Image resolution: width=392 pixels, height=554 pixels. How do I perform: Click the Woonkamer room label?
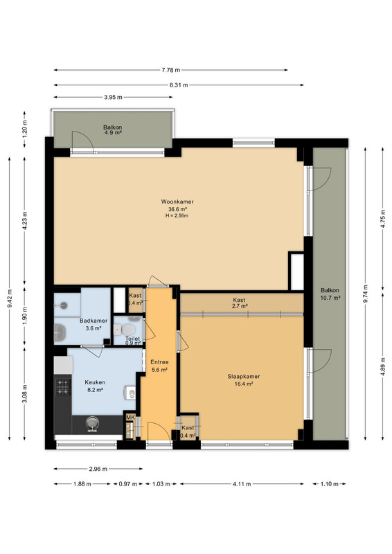[177, 202]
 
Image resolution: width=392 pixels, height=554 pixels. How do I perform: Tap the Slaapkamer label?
[244, 377]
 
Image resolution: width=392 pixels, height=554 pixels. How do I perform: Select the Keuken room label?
[95, 382]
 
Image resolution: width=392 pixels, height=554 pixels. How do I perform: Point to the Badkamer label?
[93, 321]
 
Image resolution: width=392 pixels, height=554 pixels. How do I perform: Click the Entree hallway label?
[159, 362]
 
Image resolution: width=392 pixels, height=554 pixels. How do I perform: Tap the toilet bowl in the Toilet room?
[127, 330]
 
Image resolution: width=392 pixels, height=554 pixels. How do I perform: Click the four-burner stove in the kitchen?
[63, 386]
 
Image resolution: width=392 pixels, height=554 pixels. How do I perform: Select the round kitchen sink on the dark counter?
[92, 423]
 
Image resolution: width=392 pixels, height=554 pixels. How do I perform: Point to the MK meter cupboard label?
[130, 418]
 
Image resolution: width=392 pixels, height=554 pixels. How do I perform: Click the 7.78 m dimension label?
[171, 70]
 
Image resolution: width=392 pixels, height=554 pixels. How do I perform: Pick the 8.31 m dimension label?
[179, 84]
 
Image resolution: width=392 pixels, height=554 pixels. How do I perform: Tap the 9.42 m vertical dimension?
[10, 298]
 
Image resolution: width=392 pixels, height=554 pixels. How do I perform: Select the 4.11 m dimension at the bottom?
[242, 484]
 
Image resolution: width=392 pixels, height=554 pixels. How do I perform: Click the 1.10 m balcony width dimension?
[329, 484]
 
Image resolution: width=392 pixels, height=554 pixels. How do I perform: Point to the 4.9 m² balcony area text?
[113, 133]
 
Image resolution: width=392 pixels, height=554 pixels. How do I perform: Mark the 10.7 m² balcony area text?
[330, 298]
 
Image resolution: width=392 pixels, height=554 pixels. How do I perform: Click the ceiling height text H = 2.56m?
[177, 215]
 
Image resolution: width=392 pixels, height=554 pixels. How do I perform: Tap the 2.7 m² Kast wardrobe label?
[240, 306]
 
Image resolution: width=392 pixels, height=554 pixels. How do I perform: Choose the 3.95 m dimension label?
[113, 97]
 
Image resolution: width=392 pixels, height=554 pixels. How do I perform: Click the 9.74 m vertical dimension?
[365, 294]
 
